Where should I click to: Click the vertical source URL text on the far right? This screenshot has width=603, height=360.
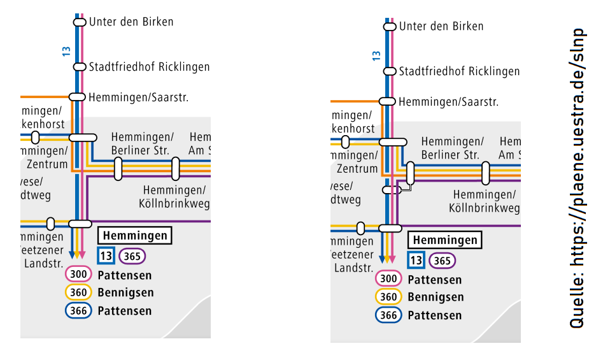pos(577,178)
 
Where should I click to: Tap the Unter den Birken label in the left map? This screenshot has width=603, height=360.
pos(131,22)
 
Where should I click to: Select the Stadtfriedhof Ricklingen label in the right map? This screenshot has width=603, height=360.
pos(459,71)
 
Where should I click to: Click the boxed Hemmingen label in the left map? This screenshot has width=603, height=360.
pos(135,236)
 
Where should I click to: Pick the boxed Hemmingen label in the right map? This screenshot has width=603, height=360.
pos(445,240)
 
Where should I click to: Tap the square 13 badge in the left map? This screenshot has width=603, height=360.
pos(106,256)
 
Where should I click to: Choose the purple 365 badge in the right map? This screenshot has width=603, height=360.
pos(443,261)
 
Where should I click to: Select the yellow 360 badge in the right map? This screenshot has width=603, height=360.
pos(388,297)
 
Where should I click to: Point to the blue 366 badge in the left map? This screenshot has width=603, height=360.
pos(78,311)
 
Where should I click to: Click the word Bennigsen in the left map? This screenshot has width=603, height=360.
pos(125,293)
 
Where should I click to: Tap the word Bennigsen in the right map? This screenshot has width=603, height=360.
pos(436,297)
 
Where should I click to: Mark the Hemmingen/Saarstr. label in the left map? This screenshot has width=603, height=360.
pos(139,97)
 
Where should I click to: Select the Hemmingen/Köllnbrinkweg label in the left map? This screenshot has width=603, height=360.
pos(174,197)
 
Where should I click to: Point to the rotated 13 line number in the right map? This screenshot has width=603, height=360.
pos(376,55)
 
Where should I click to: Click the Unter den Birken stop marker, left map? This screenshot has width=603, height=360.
pos(80,22)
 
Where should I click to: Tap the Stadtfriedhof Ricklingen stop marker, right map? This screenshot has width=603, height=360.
pos(390,71)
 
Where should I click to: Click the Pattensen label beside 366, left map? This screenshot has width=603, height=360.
pos(125,311)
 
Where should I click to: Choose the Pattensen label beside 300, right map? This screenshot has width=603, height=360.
pos(435,280)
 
